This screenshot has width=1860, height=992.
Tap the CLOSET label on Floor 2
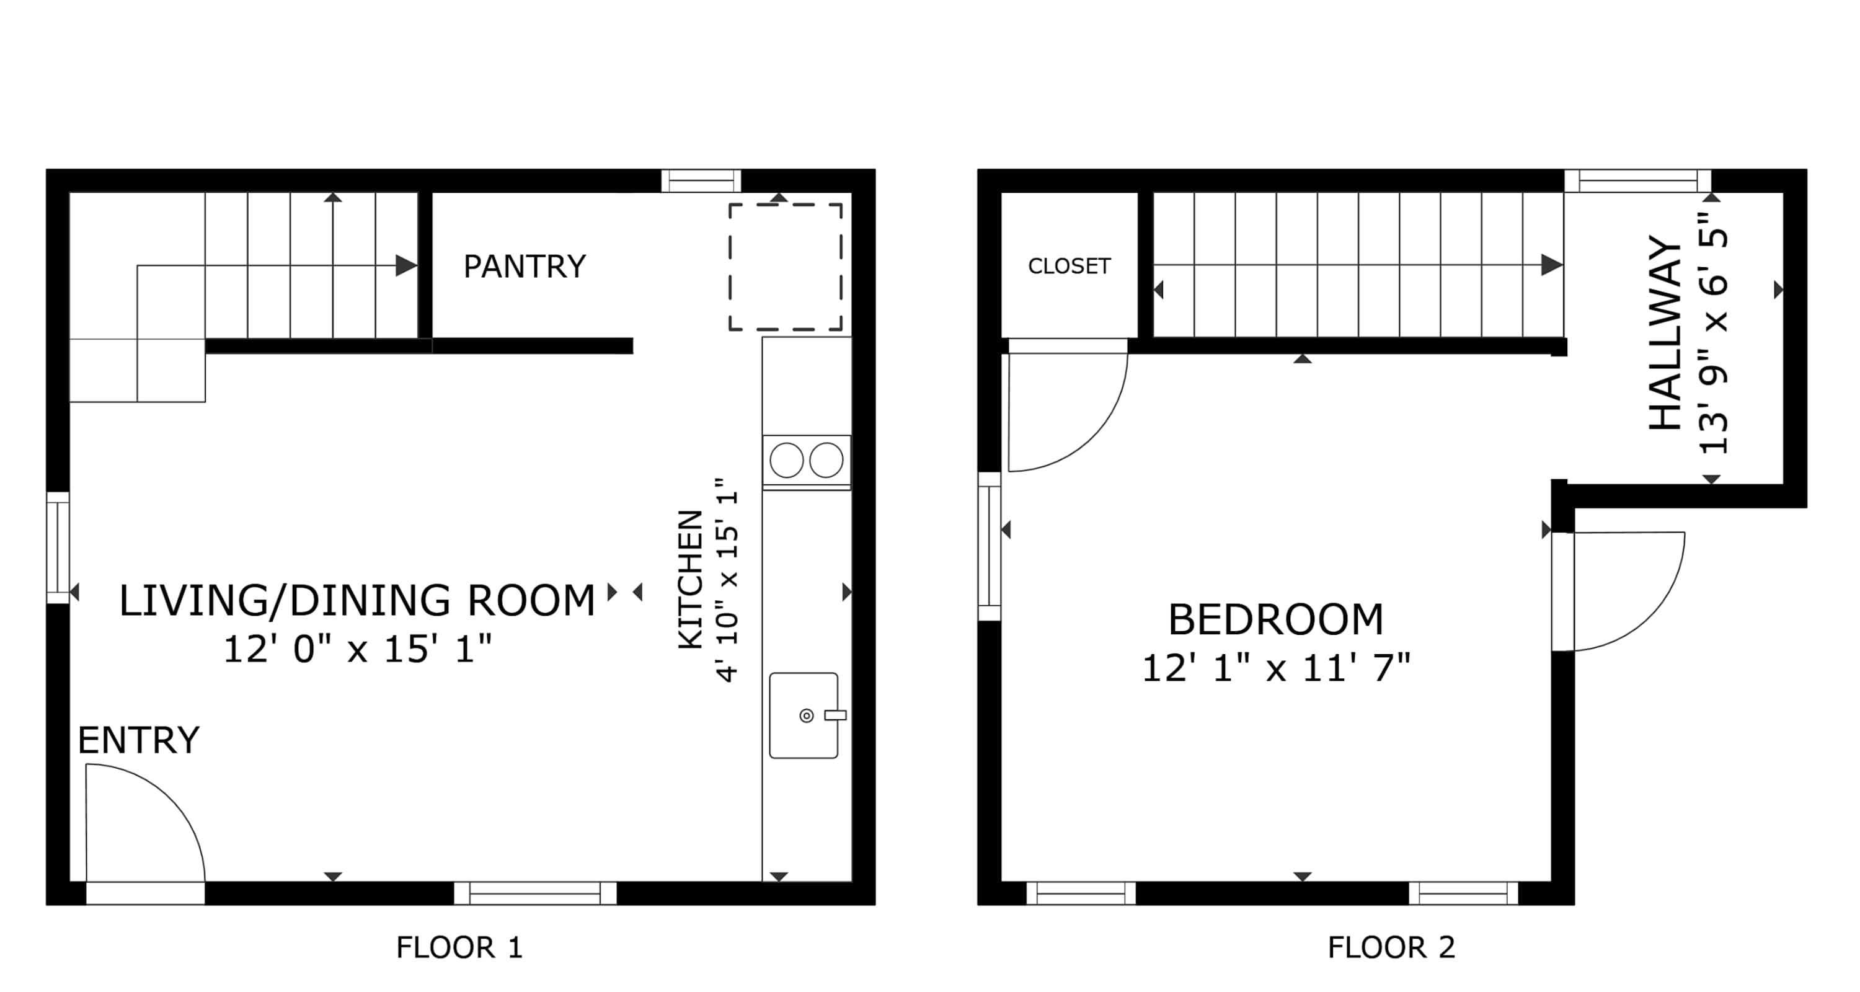point(1069,267)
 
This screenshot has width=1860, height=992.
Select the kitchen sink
point(804,715)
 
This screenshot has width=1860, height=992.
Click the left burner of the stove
point(786,460)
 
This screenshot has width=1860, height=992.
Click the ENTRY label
point(139,741)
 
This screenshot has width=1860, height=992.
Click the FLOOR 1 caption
point(459,947)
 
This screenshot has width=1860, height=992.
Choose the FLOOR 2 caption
point(1391,947)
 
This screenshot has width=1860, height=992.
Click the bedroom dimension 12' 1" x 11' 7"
point(1276,668)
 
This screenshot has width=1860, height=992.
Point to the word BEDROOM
point(1276,619)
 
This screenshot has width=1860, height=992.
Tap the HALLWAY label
point(1665,334)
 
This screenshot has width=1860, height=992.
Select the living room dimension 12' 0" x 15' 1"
point(357,649)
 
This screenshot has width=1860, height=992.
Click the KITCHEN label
point(690,580)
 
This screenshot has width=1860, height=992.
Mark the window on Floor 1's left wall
point(58,548)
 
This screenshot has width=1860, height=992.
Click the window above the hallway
point(1637,180)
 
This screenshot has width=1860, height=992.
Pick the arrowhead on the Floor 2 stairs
point(1552,265)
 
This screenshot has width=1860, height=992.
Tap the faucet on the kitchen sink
point(835,715)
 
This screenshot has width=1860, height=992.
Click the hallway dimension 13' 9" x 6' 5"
point(1714,334)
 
